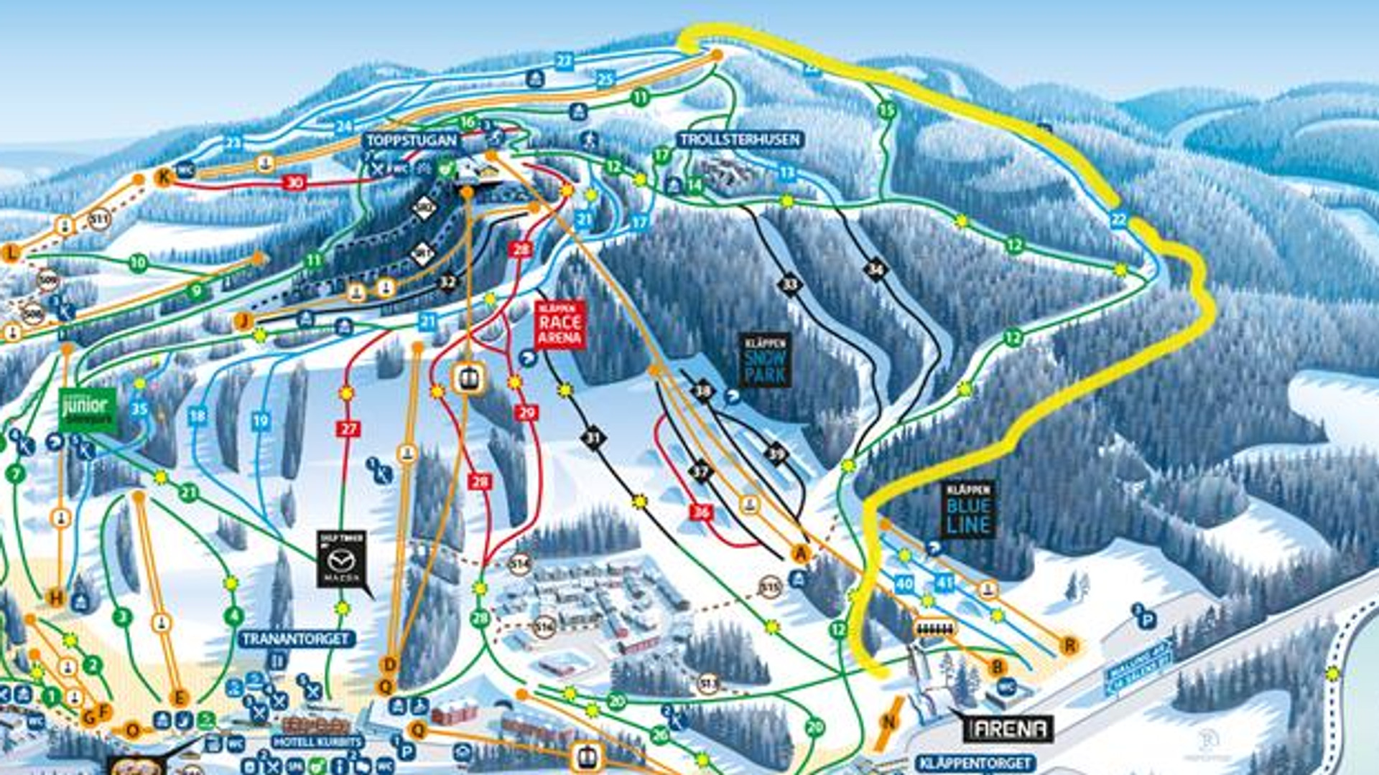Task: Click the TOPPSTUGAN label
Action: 411,140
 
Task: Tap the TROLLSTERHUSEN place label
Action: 740,139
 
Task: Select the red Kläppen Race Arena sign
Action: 560,325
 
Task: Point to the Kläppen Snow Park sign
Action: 766,360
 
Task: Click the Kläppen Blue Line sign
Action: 968,509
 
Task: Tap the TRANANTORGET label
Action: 296,639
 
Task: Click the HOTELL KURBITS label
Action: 317,741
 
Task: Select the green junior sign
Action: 88,410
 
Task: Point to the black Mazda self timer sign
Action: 342,560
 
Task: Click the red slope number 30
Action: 294,182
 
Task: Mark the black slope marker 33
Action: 790,285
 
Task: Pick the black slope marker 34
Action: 875,270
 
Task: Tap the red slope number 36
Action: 701,512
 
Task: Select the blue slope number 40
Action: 904,584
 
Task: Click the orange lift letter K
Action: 164,177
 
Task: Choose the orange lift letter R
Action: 1069,645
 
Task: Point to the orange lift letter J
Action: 243,321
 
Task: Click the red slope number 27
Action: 348,429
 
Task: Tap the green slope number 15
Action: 887,111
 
